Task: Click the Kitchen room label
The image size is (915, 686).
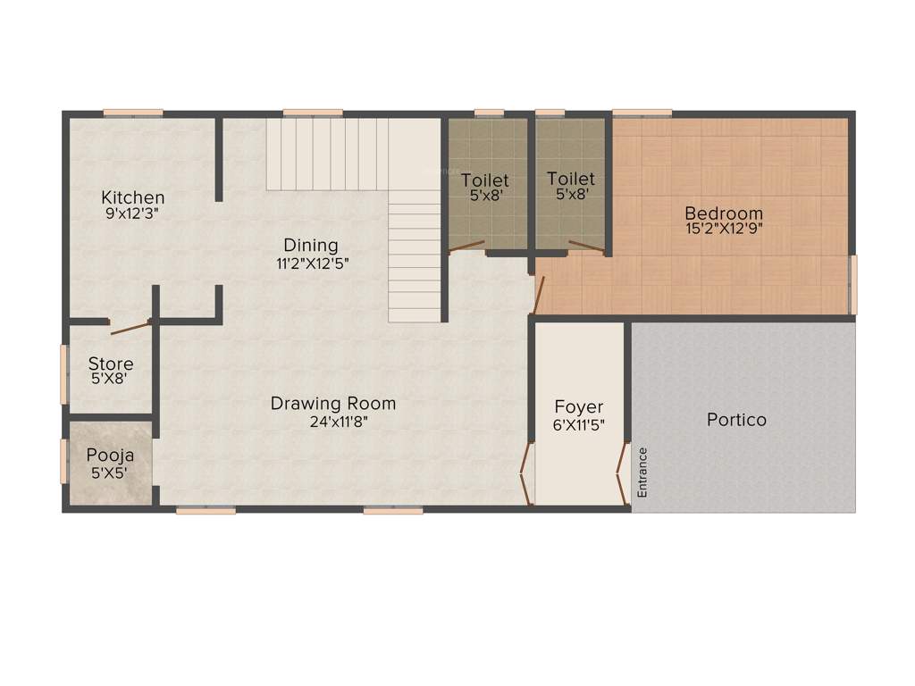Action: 132,197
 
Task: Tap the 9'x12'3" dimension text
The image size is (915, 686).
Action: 132,213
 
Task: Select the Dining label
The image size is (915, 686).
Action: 311,245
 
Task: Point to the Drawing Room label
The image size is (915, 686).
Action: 333,404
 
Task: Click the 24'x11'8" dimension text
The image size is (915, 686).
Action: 333,422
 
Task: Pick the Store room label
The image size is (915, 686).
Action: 111,364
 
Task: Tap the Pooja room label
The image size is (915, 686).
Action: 110,456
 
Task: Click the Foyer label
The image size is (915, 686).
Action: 579,407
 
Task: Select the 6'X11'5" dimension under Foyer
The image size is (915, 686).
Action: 579,425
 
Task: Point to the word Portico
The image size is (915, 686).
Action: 736,419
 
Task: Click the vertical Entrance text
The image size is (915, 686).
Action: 642,472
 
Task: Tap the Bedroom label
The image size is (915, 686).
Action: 724,213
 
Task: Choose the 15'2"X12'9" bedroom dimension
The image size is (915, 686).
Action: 724,229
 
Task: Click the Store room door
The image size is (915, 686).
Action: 130,328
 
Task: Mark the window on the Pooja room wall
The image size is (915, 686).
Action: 63,461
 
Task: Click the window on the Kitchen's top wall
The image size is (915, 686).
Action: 133,113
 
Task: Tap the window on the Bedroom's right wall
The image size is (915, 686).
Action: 852,284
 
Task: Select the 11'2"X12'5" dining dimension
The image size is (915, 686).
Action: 311,263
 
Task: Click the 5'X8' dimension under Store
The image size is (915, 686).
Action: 111,379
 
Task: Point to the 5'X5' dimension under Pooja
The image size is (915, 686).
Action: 110,473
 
